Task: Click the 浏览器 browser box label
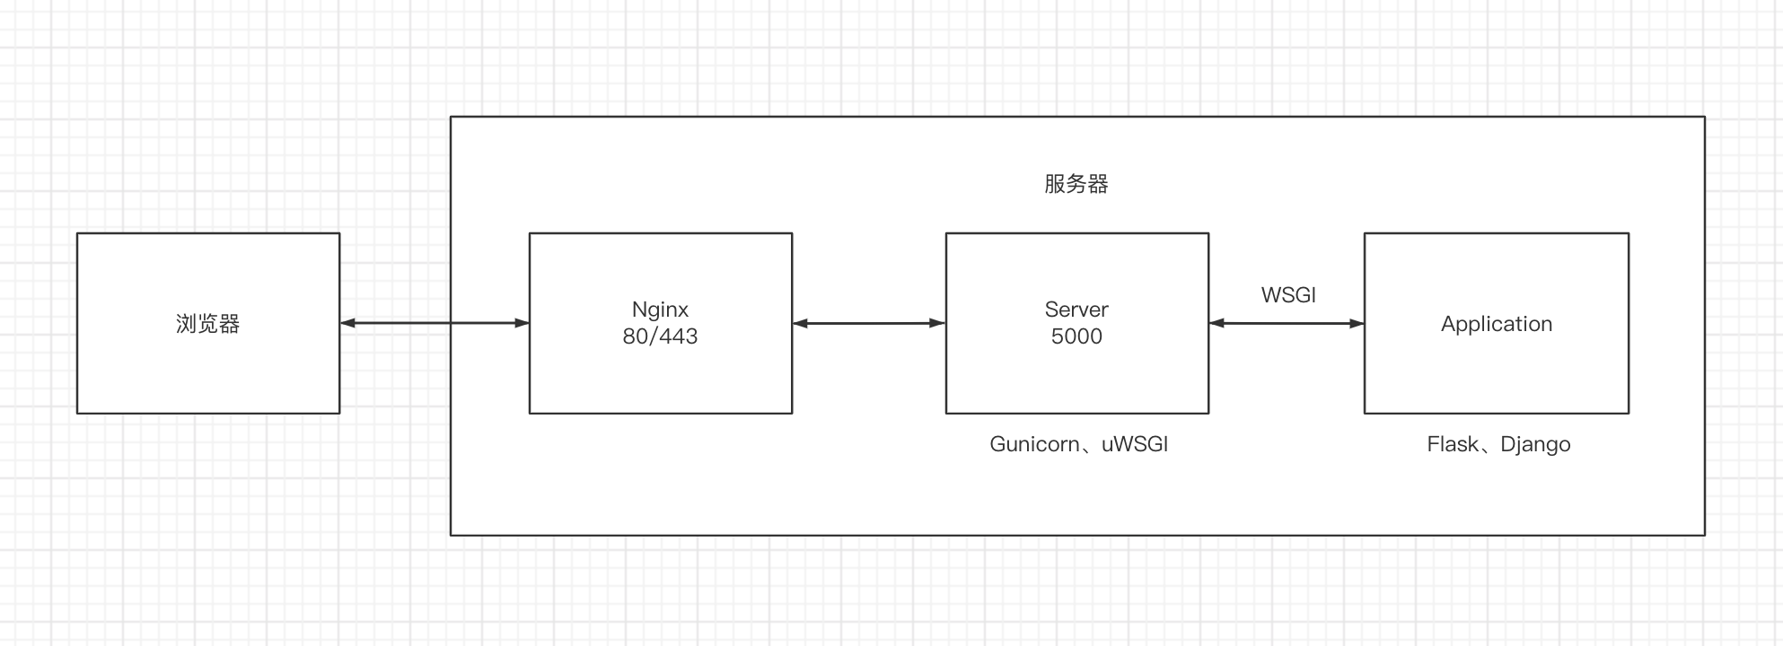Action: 207,324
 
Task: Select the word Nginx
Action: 660,310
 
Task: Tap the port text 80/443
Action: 660,336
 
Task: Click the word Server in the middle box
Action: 1076,310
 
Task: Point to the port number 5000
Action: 1076,336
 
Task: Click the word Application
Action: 1496,324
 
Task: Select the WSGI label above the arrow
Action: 1287,295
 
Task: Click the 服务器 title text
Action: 1076,184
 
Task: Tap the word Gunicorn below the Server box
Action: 1034,444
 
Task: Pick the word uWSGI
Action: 1134,444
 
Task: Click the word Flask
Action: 1452,444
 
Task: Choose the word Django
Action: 1535,445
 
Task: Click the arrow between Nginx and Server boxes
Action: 868,323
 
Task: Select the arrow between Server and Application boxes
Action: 1286,323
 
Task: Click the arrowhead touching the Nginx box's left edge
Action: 522,323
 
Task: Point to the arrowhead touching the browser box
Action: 348,323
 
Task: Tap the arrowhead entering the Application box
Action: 1356,323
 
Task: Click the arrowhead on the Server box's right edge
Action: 1217,323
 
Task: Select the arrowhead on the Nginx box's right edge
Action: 801,323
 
